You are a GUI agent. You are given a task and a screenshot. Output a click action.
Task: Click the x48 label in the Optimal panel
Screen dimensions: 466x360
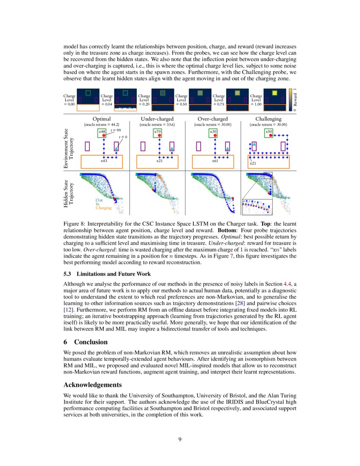click(x=101, y=132)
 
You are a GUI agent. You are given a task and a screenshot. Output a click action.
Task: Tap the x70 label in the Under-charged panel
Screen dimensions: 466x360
click(x=157, y=132)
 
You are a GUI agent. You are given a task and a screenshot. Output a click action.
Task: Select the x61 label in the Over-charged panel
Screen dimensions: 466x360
click(x=215, y=161)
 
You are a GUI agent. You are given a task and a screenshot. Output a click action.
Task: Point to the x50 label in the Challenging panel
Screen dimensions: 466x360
click(x=269, y=132)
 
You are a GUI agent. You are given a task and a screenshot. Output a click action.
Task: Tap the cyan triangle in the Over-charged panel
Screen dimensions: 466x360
click(x=227, y=149)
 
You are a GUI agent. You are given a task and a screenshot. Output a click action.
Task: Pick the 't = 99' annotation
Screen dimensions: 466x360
click(x=116, y=131)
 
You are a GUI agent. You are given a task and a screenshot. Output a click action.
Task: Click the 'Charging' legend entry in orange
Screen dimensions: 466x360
click(x=103, y=208)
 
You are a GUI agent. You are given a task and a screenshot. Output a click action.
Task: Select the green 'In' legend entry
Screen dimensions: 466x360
click(x=98, y=204)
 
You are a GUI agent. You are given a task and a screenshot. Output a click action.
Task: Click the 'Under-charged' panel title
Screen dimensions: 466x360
click(x=157, y=119)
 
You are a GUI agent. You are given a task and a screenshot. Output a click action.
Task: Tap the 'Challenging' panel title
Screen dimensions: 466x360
click(x=268, y=119)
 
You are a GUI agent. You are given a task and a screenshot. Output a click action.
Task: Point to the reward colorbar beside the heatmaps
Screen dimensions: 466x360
click(x=290, y=100)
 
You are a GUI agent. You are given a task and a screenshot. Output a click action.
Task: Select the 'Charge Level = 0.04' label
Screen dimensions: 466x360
click(x=107, y=100)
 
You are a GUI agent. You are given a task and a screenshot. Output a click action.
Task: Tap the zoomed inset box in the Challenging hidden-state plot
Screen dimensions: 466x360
click(x=257, y=207)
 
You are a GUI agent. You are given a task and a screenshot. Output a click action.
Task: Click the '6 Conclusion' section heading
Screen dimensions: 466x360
click(x=85, y=342)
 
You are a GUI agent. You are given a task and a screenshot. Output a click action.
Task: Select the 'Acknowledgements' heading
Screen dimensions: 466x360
click(x=93, y=385)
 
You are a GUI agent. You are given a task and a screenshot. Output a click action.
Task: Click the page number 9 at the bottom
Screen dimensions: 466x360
click(x=180, y=439)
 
